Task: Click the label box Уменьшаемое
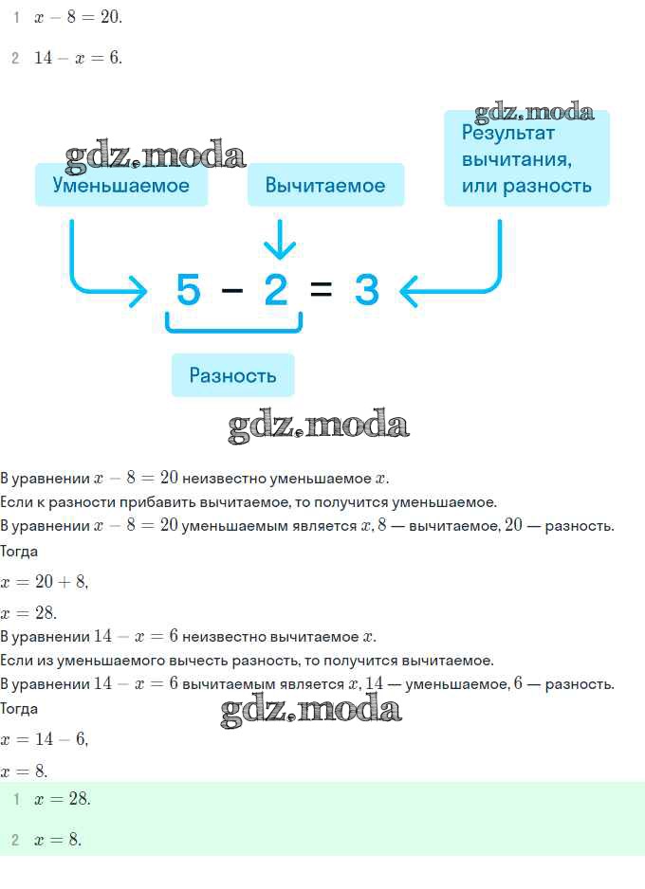tap(121, 185)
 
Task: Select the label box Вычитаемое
tap(325, 185)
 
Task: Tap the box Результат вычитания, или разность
tap(526, 158)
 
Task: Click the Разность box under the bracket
tap(232, 374)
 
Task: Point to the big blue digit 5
tap(189, 290)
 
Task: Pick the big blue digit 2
tap(276, 290)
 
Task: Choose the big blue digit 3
tap(366, 290)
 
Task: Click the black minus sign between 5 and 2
tap(232, 290)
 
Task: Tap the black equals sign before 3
tap(322, 290)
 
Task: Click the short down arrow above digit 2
tap(280, 239)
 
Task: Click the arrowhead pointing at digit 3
tap(409, 291)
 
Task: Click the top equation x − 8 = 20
tap(79, 17)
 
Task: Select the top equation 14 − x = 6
tap(79, 58)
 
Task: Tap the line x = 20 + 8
tap(45, 582)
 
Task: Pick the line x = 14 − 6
tap(45, 739)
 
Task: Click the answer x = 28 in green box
tap(63, 799)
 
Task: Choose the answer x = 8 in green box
tap(58, 840)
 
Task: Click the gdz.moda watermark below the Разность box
tap(319, 426)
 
